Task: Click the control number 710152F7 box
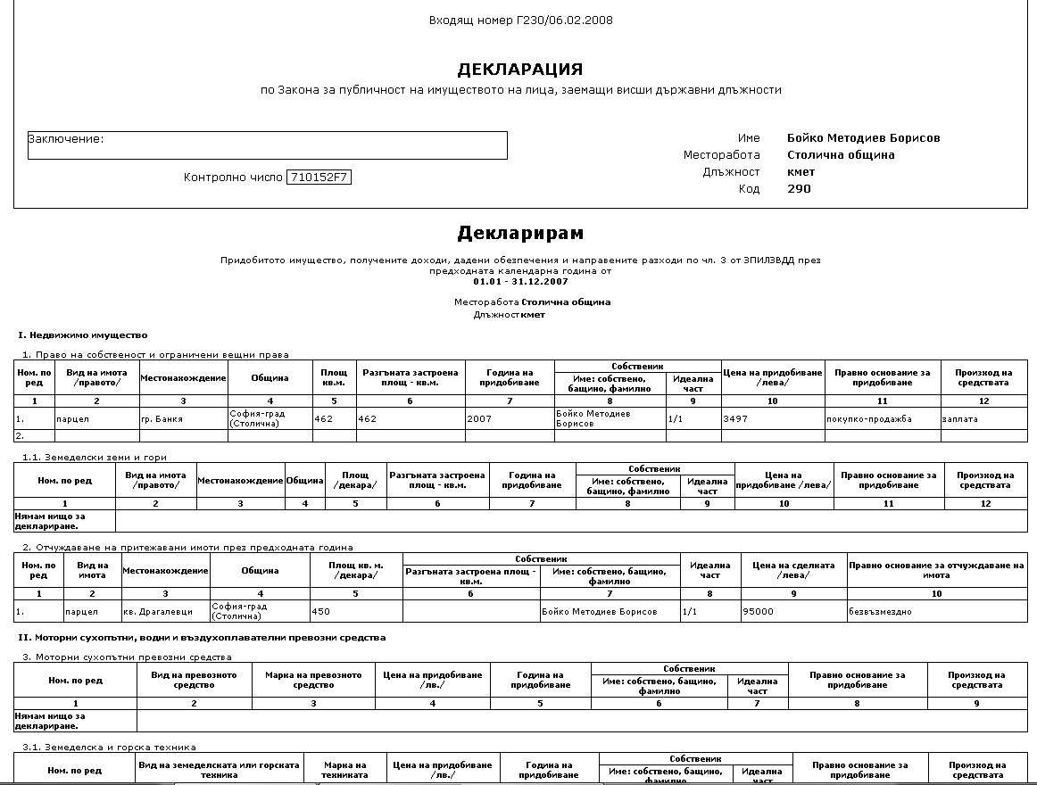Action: point(319,178)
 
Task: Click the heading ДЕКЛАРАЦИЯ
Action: point(519,70)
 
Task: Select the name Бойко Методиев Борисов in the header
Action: point(863,138)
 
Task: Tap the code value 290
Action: point(799,189)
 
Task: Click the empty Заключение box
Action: point(267,145)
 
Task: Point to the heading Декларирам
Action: point(520,234)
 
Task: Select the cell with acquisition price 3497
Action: point(772,418)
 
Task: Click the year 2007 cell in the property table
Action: point(509,418)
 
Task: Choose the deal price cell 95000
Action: point(793,611)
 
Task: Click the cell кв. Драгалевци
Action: point(165,611)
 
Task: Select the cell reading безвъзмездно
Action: point(936,611)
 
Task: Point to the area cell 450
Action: point(355,611)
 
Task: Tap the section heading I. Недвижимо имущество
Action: point(82,335)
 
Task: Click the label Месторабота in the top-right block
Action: point(721,155)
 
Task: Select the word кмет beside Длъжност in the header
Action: point(801,172)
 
